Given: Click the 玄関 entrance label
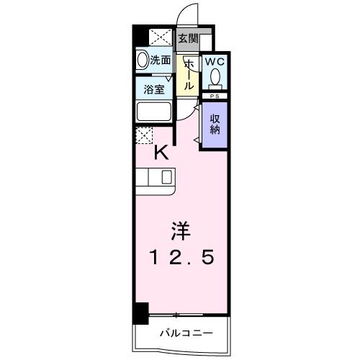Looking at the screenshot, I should click(188, 39).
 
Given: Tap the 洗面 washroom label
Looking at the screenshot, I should click(161, 61).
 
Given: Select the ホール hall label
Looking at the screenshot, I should click(188, 74).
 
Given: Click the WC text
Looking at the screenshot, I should click(214, 63).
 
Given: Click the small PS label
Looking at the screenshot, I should click(213, 95).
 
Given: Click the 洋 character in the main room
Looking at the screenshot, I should click(180, 231).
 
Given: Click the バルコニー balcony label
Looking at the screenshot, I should click(186, 333).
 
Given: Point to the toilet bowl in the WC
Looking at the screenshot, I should click(214, 78).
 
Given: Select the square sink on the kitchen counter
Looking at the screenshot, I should click(166, 177).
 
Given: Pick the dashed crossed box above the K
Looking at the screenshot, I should click(143, 135).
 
